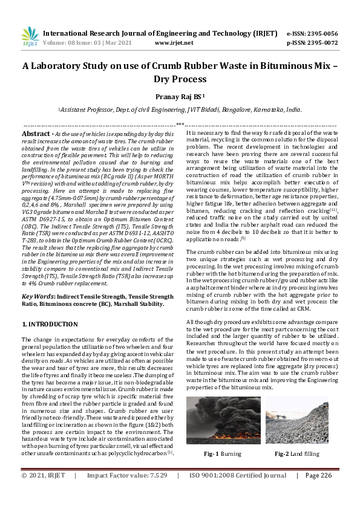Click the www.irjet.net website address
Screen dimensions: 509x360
(174, 43)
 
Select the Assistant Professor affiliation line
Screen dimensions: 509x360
(180, 110)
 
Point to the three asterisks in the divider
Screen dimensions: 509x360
(180, 124)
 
